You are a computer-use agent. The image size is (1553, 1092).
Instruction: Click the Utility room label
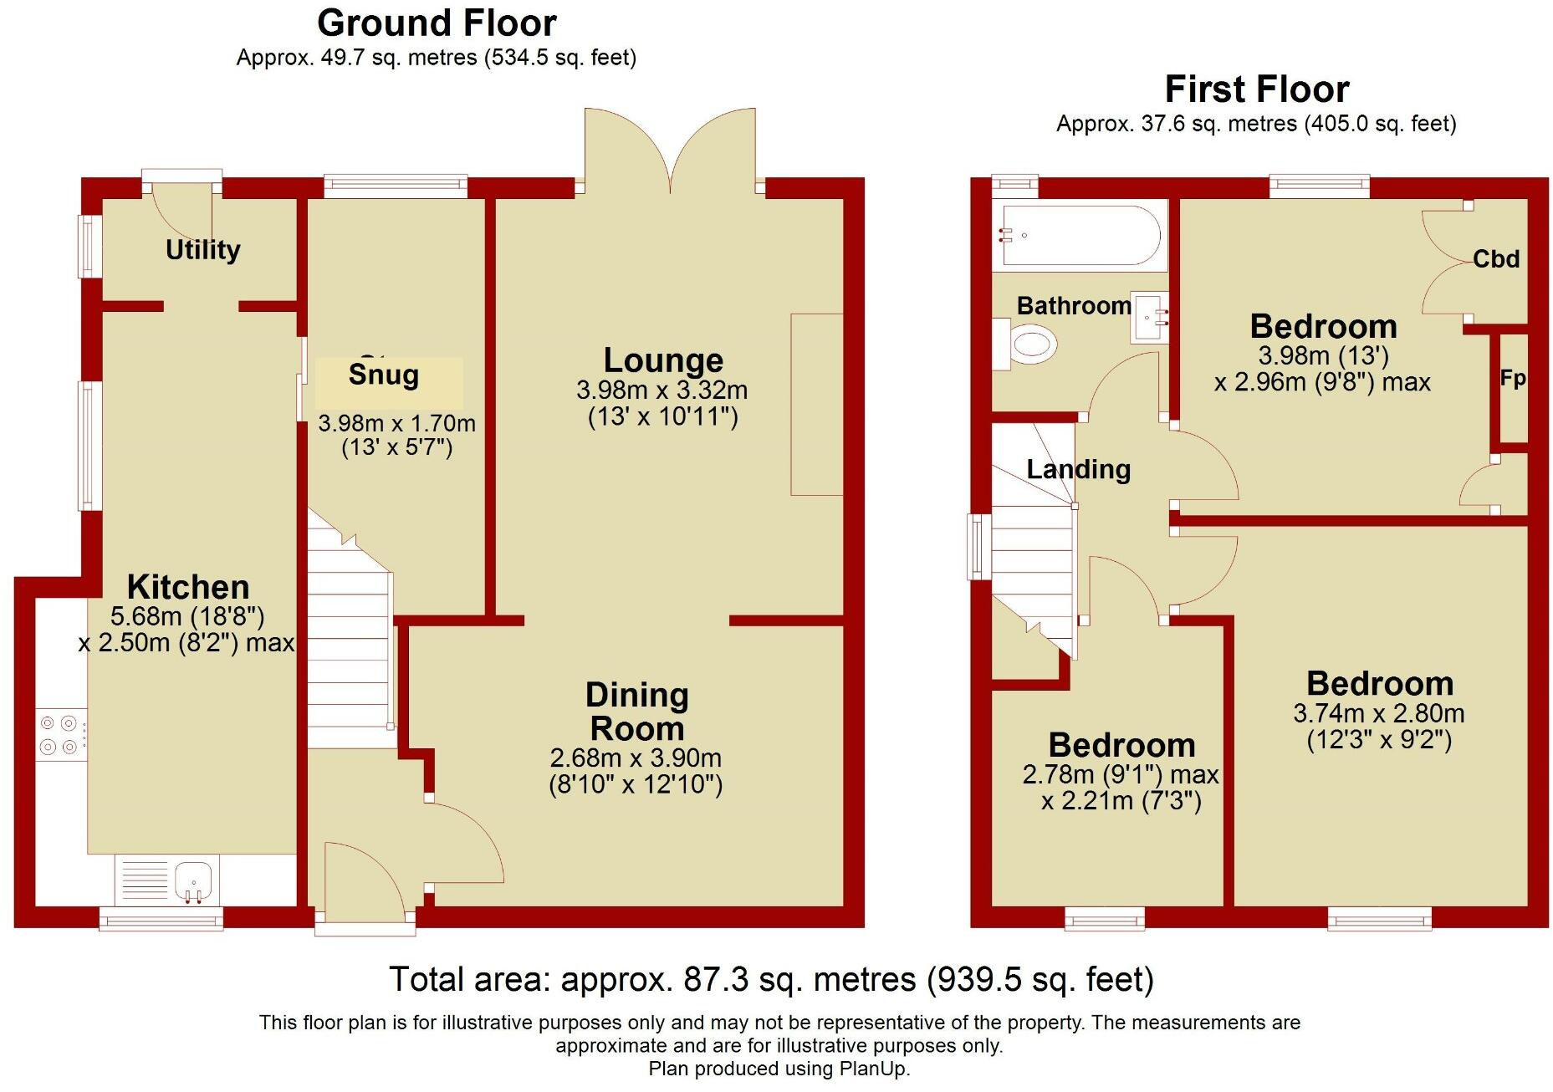click(x=202, y=249)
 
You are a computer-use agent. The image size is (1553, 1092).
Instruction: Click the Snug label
click(x=384, y=375)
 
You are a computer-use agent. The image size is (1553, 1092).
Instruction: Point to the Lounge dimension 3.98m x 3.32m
click(x=662, y=390)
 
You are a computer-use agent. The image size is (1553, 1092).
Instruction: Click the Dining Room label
click(x=636, y=712)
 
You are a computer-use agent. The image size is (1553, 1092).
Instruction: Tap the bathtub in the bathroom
click(x=1080, y=236)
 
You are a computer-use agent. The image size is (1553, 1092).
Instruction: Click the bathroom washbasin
click(x=1149, y=317)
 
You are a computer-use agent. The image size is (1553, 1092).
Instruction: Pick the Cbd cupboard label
click(x=1495, y=259)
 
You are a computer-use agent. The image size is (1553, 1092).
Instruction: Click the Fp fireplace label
click(x=1512, y=378)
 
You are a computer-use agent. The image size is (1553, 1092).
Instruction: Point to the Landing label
click(x=1078, y=469)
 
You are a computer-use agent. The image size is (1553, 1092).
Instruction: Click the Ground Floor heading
click(x=437, y=23)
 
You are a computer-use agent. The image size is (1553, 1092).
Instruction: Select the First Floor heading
click(x=1256, y=89)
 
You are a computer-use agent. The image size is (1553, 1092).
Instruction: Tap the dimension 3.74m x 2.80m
click(x=1378, y=713)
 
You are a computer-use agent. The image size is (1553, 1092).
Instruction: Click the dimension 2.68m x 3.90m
click(x=636, y=758)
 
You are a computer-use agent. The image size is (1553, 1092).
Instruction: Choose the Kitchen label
click(x=188, y=586)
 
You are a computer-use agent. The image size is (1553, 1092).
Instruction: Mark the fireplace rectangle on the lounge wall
click(x=816, y=405)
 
